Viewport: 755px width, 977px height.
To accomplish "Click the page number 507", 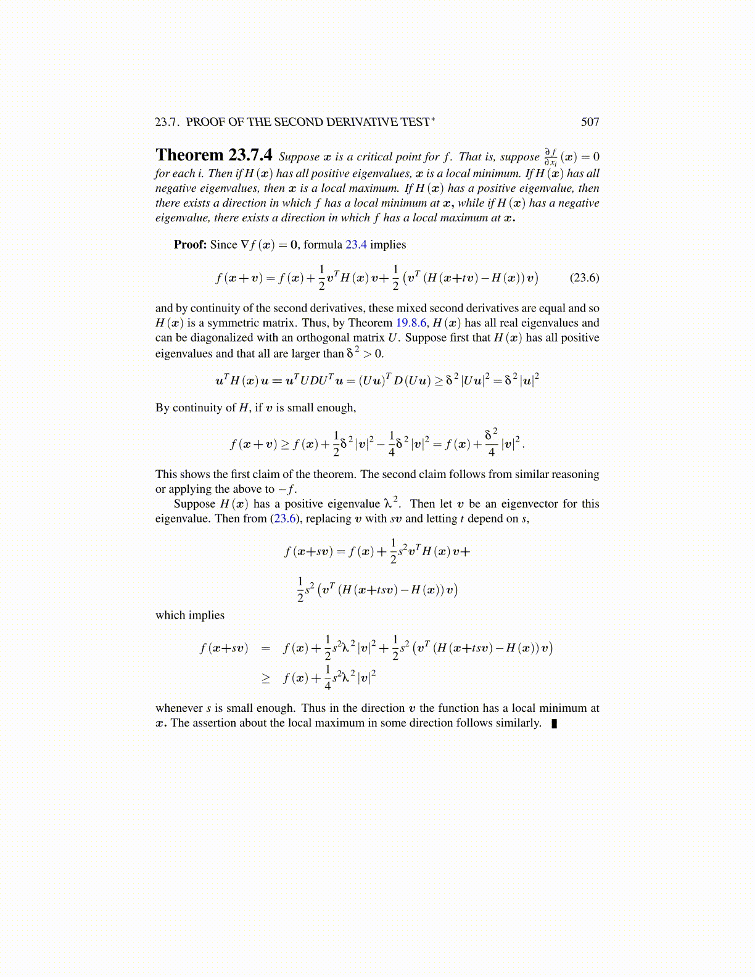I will click(x=590, y=122).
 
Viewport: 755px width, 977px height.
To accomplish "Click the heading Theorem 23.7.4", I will click(x=213, y=155).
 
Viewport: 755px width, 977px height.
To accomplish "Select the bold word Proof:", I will click(x=190, y=245).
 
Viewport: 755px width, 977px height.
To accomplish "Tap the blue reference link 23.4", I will click(x=356, y=245).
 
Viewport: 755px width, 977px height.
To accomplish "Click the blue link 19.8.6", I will click(x=411, y=323).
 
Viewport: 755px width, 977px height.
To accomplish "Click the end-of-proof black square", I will click(x=554, y=723).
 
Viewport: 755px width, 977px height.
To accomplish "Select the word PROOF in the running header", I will click(x=205, y=122).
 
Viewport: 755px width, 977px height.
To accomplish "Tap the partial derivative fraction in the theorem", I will click(x=551, y=157).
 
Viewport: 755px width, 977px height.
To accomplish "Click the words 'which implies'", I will click(x=190, y=616).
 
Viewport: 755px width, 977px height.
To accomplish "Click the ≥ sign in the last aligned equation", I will click(x=266, y=678).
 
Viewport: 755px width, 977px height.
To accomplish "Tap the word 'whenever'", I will click(x=179, y=709).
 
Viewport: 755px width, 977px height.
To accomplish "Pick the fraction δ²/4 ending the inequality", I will click(x=491, y=443).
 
